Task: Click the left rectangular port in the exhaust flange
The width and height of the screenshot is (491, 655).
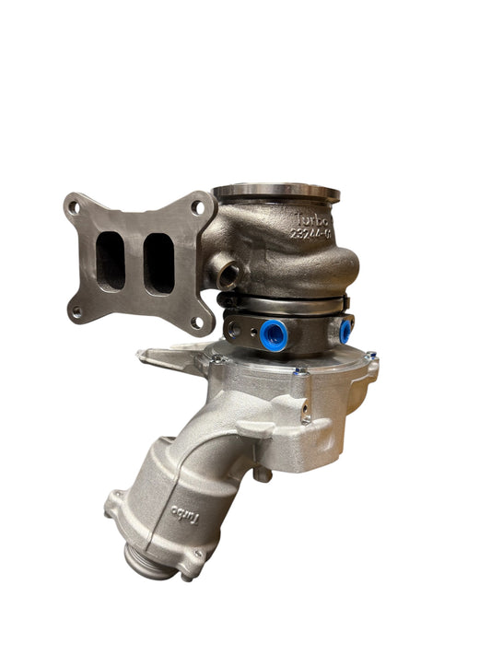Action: point(111,260)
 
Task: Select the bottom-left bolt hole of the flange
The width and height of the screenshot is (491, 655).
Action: point(76,312)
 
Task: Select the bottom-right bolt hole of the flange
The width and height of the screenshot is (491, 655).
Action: point(195,322)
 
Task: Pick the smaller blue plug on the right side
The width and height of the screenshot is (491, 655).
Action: point(345,330)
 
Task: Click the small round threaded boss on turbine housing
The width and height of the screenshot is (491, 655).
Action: point(228,273)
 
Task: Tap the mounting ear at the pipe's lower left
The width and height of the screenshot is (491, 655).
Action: point(114,502)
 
